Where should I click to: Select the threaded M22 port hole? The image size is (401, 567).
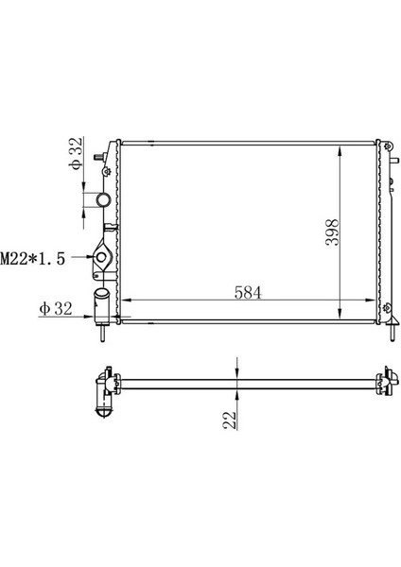[102, 257]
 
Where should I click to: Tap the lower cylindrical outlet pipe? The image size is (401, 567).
[101, 305]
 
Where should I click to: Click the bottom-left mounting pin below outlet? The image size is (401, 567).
[101, 334]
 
